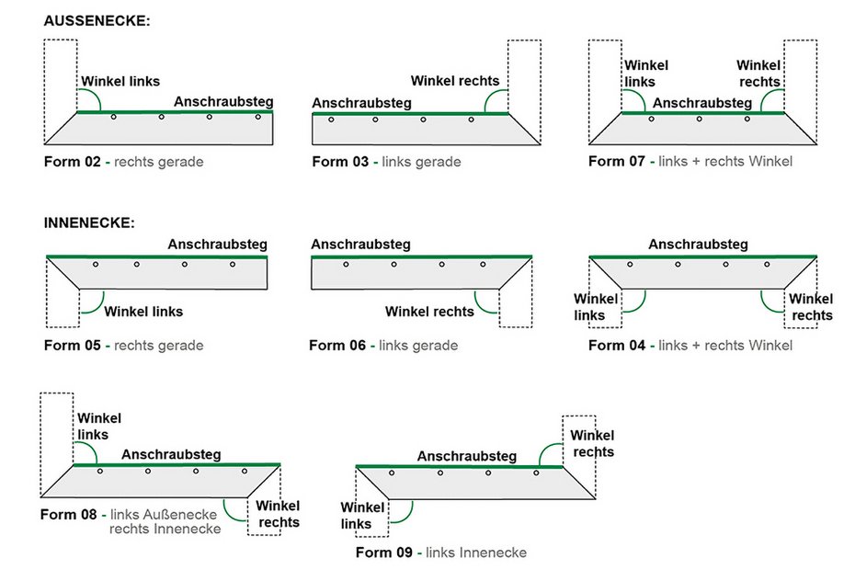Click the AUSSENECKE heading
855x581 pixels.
pyautogui.click(x=97, y=20)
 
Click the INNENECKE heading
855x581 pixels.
pyautogui.click(x=89, y=223)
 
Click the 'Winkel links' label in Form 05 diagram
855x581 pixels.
pyautogui.click(x=143, y=312)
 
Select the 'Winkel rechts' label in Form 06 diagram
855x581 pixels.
pyautogui.click(x=429, y=312)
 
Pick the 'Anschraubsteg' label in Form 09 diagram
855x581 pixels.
pyautogui.click(x=466, y=456)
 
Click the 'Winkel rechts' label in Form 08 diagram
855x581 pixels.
pyautogui.click(x=278, y=514)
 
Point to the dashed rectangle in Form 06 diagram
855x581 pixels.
pyautogui.click(x=515, y=307)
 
